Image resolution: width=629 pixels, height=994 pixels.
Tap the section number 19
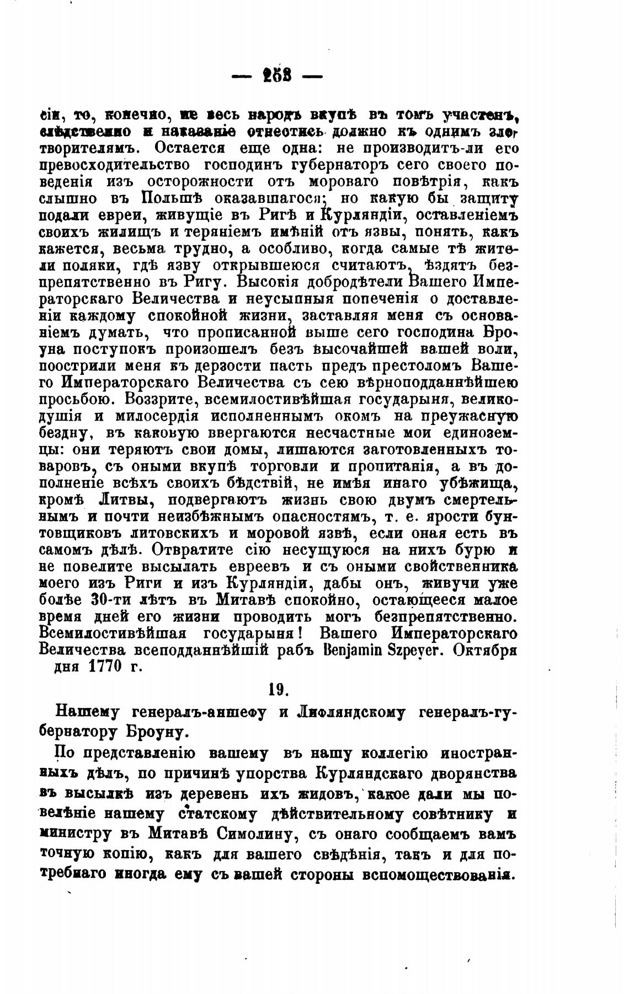(278, 690)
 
